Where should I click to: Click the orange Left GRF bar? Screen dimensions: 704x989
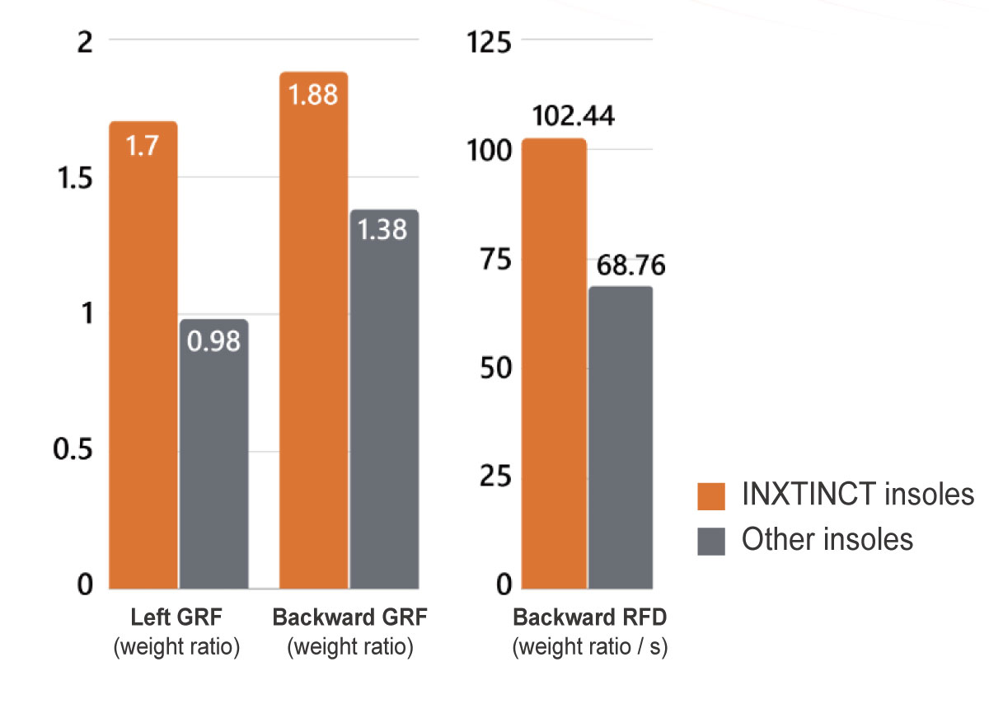point(143,354)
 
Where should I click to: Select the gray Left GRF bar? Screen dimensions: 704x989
point(214,453)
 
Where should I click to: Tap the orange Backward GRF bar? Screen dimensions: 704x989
point(314,330)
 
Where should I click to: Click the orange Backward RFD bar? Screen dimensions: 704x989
point(555,363)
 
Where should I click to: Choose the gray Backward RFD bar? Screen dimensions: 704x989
point(621,437)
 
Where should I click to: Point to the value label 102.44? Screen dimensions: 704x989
point(574,116)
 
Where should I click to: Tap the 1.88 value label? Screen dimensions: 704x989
point(314,95)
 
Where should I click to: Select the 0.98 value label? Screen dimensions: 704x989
point(213,340)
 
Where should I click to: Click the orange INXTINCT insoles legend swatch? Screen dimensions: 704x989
point(710,496)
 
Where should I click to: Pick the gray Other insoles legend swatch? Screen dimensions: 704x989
point(710,541)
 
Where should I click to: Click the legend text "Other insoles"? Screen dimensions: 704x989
point(827,539)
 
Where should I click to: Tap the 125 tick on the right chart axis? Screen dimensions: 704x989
point(490,40)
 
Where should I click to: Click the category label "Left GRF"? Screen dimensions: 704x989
point(176,618)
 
